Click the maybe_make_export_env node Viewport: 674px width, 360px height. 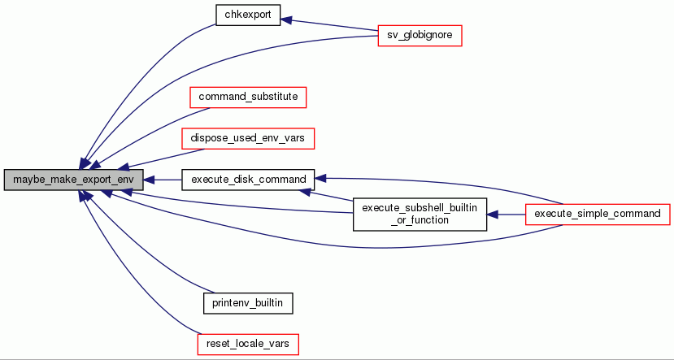(73, 179)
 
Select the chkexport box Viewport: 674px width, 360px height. (248, 15)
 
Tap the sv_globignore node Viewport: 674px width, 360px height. (420, 36)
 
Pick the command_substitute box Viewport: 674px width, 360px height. (247, 97)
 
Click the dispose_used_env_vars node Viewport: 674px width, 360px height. (247, 138)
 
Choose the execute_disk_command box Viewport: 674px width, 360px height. (247, 179)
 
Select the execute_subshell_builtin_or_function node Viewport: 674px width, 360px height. (419, 214)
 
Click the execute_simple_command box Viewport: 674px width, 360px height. (598, 214)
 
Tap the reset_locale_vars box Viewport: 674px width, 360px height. (247, 344)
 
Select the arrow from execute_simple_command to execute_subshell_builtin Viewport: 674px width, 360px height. (506, 215)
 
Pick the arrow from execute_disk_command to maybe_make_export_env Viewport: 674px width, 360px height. (163, 179)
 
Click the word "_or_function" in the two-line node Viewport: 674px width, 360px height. (419, 220)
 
